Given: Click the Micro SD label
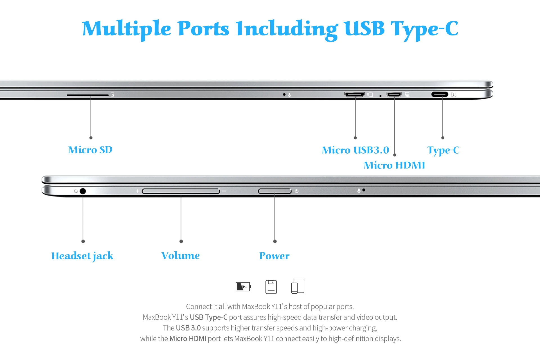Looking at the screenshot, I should point(90,150).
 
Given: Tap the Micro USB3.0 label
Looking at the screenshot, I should point(355,150).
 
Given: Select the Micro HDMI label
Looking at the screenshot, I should point(394,165).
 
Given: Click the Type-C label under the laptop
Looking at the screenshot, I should point(443,150).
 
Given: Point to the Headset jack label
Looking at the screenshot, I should point(82,256).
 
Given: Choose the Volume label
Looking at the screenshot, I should point(181,255).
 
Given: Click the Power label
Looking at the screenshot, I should point(274,256).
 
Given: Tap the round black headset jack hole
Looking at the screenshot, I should point(83,191).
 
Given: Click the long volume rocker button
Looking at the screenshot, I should point(181,191).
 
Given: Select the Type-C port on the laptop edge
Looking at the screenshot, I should point(440,94).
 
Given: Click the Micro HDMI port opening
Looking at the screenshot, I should point(394,94).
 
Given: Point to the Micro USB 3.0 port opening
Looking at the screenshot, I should point(354,94).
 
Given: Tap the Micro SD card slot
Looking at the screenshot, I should point(87,95).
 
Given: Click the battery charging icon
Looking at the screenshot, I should point(243,287).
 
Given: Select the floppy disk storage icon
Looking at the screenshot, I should point(271,287).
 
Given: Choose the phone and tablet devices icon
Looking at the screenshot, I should point(298,286).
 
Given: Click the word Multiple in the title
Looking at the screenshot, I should point(126,29).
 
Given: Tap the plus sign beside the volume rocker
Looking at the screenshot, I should point(138,191).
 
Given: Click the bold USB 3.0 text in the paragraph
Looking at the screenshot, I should point(188,328).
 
